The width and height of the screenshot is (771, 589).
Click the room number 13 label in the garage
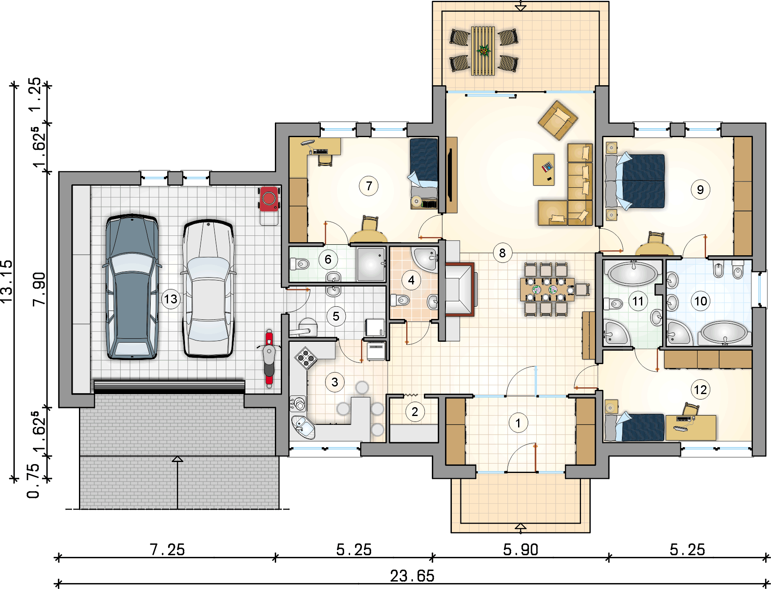[171, 299]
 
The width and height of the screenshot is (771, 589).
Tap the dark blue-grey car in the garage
[132, 286]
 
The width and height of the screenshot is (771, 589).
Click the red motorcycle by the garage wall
[269, 358]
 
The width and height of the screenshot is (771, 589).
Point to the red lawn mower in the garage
[269, 205]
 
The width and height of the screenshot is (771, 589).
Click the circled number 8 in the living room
[502, 253]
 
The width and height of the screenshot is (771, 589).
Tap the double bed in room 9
[635, 181]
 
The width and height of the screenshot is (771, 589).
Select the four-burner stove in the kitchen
[306, 358]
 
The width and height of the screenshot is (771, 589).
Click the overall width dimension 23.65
[412, 576]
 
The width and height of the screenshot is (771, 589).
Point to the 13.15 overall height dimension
[7, 281]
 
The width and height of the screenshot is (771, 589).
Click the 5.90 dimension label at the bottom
[521, 550]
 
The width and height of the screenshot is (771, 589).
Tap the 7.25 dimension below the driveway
[167, 550]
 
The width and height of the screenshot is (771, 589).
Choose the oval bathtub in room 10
[724, 332]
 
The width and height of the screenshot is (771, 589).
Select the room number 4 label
[411, 280]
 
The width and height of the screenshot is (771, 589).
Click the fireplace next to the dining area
[459, 289]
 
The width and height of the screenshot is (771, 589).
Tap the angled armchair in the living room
[558, 120]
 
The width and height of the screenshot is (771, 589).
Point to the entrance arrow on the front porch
[521, 527]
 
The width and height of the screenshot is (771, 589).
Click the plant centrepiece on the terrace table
[483, 51]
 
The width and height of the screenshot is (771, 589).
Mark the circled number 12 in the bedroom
[700, 389]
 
